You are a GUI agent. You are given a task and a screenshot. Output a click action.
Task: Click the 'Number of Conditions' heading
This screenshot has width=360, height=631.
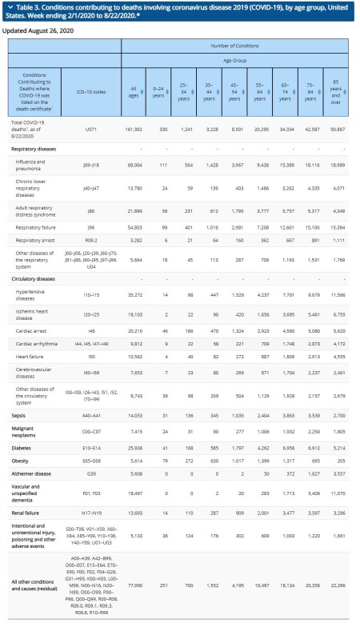[x=234, y=46]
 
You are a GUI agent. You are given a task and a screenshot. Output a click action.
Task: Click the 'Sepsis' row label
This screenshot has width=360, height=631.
[x=18, y=416]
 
